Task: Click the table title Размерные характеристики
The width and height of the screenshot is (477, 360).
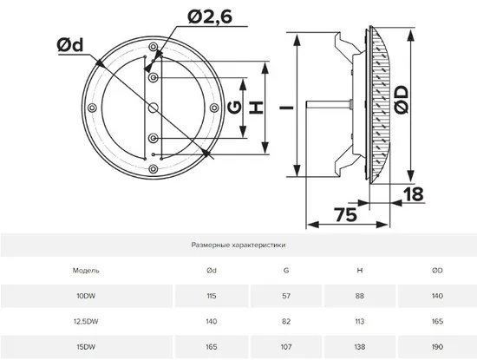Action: (238, 245)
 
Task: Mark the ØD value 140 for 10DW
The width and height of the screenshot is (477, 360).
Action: (437, 295)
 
